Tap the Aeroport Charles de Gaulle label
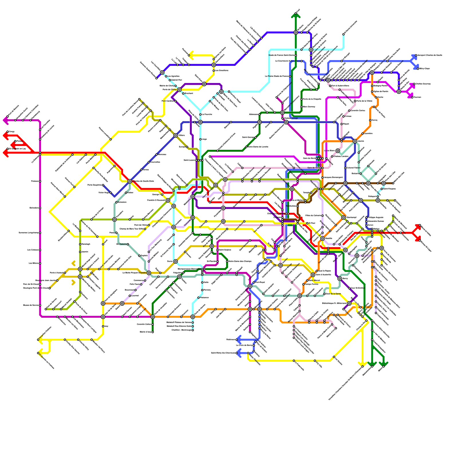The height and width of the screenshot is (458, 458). click(429, 55)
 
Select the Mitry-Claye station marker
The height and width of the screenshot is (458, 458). click(418, 69)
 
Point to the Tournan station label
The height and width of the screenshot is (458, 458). click(417, 97)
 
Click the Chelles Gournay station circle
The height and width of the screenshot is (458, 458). click(414, 84)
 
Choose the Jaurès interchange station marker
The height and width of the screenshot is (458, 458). click(355, 141)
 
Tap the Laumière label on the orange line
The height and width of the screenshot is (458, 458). click(368, 133)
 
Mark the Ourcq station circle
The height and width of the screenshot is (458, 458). click(370, 120)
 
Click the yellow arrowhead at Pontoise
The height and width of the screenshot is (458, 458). click(191, 55)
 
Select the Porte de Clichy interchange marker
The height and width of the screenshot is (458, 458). click(179, 90)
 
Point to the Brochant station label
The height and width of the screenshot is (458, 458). click(189, 93)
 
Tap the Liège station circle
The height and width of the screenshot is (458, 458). click(200, 139)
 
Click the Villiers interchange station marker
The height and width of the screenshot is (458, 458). click(175, 135)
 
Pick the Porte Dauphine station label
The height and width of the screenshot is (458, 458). click(95, 185)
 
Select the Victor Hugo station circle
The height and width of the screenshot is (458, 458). click(111, 193)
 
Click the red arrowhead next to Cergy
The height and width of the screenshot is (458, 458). click(5, 135)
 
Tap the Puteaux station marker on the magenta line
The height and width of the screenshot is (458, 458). click(40, 181)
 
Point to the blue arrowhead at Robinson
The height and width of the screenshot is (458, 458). click(238, 340)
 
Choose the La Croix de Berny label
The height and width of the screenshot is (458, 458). click(244, 345)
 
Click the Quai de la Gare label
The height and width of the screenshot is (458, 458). click(333, 294)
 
